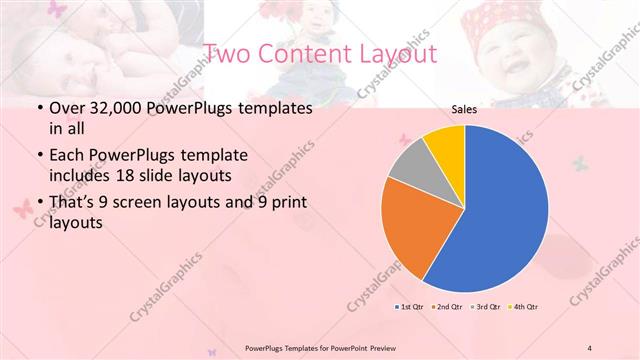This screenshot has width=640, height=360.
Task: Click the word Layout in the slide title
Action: pyautogui.click(x=392, y=53)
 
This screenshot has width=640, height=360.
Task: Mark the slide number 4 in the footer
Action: pyautogui.click(x=590, y=347)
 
